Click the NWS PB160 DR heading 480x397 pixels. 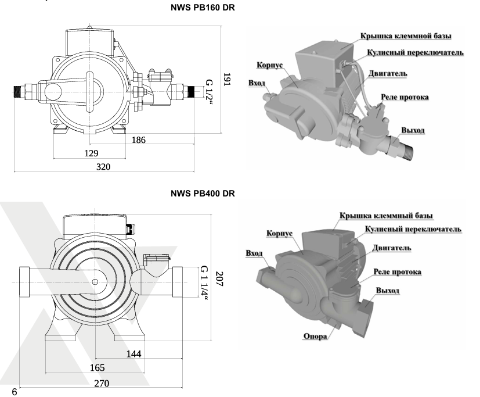[x=203, y=8]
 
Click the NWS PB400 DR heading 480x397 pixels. [x=203, y=194]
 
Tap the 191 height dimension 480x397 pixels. [x=227, y=79]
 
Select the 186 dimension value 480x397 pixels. [x=138, y=140]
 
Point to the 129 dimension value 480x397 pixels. [x=91, y=153]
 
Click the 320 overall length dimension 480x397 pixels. [x=103, y=167]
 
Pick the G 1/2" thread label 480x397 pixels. [x=209, y=92]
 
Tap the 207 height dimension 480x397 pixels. [x=219, y=278]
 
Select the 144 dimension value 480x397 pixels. [x=133, y=354]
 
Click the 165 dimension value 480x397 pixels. [x=98, y=367]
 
